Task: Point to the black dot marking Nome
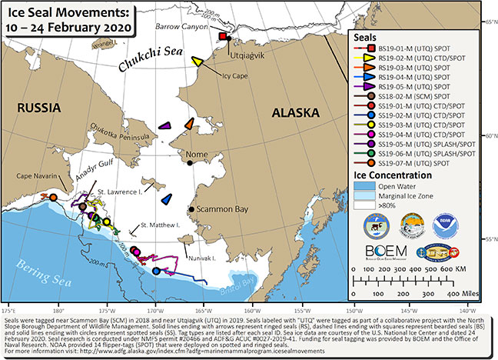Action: coord(189,162)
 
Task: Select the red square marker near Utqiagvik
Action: coord(223,37)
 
